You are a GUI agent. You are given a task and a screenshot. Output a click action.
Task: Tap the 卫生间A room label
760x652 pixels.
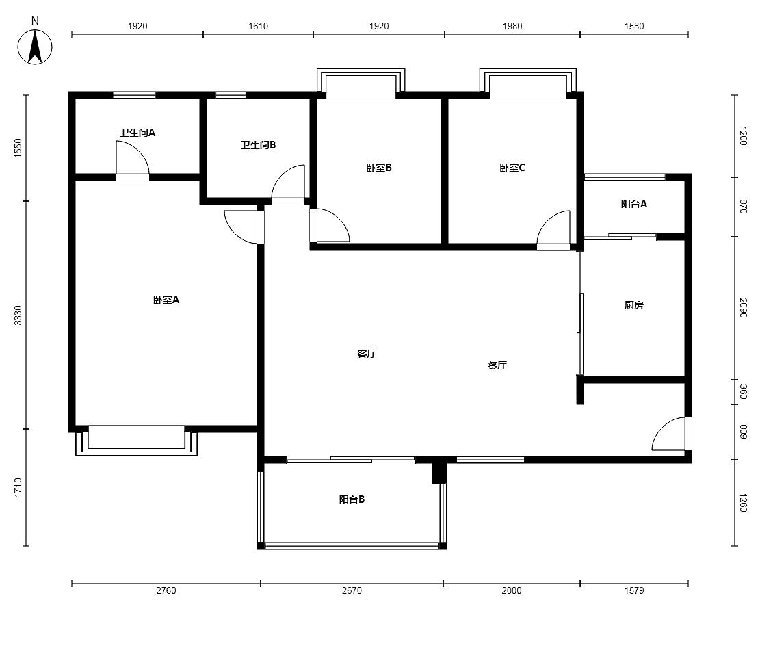pos(137,133)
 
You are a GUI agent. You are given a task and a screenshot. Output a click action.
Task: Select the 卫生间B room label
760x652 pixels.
pos(259,145)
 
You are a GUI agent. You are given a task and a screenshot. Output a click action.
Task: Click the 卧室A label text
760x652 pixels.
pos(166,300)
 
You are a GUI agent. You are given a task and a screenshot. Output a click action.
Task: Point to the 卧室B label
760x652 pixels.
pos(379,168)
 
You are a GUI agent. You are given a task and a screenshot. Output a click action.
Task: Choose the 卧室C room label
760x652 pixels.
pos(512,168)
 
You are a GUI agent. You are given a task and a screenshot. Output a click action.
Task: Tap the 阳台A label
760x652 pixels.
pos(634,204)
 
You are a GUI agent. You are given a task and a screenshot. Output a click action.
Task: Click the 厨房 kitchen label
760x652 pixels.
pos(634,305)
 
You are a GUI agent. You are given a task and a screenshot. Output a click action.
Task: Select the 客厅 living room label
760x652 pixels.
pos(367,354)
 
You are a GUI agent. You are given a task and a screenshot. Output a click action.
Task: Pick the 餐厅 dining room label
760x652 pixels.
pos(497,365)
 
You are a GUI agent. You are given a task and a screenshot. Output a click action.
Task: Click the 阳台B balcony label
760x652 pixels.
pos(352,499)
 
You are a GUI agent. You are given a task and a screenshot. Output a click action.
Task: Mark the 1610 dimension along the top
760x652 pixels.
pos(259,26)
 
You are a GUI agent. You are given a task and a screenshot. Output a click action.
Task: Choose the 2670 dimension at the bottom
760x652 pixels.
pos(352,590)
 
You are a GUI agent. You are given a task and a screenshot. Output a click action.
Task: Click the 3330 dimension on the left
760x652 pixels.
pos(18,315)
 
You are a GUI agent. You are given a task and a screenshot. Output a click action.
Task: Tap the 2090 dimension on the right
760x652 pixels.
pos(743,308)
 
